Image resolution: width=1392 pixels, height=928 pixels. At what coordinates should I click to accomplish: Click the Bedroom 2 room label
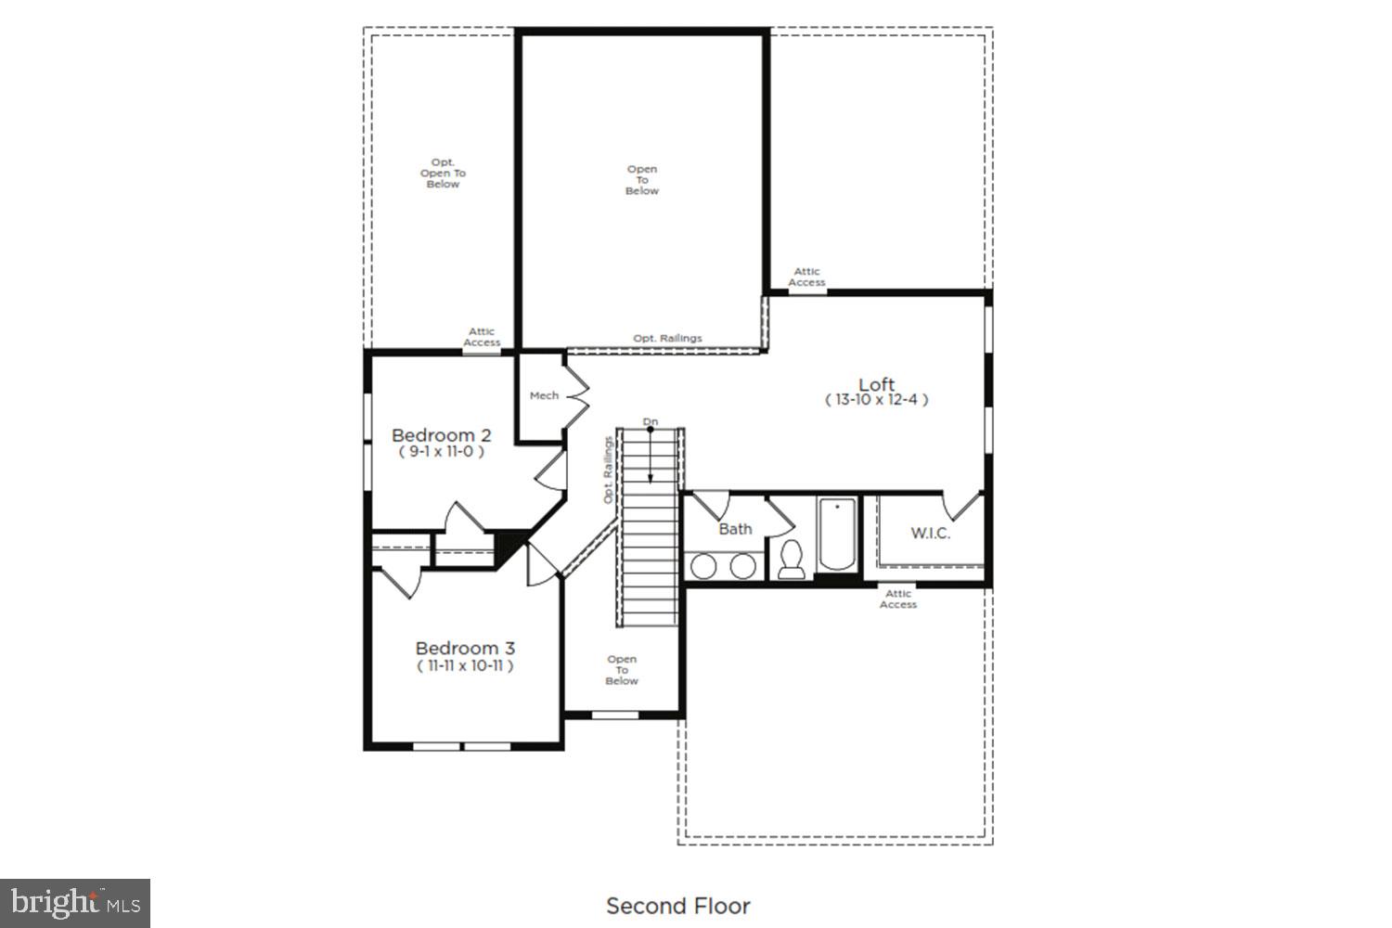coord(441,435)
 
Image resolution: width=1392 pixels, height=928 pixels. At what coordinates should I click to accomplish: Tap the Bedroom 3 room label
coord(464,649)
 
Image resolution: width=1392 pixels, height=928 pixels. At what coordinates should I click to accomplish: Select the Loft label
coord(876,384)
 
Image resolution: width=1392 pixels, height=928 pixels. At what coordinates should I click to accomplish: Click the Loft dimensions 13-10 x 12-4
coord(876,400)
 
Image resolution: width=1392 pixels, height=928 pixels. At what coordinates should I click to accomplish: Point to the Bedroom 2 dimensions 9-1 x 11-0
coord(441,452)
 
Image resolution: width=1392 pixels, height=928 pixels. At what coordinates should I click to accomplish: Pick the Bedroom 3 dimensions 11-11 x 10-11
coord(464,665)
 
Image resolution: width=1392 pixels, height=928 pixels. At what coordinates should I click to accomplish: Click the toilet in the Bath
coord(792,560)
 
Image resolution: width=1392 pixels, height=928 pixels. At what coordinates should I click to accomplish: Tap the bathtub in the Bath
coord(836,536)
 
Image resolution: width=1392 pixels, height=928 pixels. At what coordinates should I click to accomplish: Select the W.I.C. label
coord(930,534)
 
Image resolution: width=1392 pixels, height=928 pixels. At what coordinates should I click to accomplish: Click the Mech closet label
coord(544,395)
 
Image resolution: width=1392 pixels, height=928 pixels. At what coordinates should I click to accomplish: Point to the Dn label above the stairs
coord(651,422)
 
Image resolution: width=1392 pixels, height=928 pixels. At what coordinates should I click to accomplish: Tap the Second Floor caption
coord(677,906)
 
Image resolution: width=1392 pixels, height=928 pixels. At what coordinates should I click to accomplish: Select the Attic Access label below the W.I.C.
coord(897,599)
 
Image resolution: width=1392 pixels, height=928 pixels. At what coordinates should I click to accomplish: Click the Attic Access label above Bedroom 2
coord(482,337)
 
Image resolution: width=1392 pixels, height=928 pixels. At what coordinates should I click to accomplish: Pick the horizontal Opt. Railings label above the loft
coord(667,339)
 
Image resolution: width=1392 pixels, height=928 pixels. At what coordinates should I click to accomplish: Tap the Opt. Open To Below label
coord(443,174)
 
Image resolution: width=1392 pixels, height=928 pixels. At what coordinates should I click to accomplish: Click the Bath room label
coord(735,529)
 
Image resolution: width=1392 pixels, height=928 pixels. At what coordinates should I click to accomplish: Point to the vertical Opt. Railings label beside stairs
coord(609,470)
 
